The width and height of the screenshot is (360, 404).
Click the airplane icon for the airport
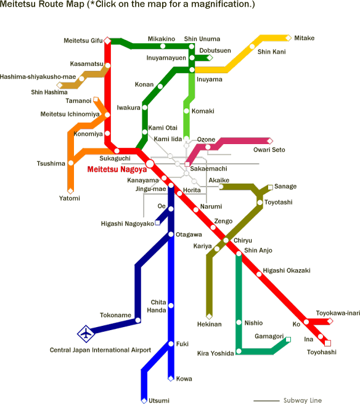[x=86, y=334]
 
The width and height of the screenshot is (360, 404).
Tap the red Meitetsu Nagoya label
[x=117, y=169]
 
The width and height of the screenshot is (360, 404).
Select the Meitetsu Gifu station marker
[x=107, y=41]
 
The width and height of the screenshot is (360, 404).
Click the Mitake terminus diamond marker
[x=288, y=38]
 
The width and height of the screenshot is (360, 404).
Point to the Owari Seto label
[x=269, y=150]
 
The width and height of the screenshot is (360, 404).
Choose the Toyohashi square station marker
[x=327, y=343]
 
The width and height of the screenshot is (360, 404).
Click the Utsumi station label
[x=159, y=400]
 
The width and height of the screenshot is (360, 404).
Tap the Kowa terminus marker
[x=171, y=379]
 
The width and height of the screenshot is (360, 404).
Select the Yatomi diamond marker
[x=70, y=191]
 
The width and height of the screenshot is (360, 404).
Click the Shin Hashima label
[x=49, y=92]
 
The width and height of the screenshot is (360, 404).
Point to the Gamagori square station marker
[x=288, y=339]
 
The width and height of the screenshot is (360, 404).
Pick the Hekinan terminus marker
[x=209, y=316]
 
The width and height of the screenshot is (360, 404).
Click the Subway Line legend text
[x=303, y=400]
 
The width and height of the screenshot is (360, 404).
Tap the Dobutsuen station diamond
[x=210, y=58]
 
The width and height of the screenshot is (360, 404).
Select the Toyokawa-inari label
[x=338, y=313]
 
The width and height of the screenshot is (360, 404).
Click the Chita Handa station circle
[x=171, y=305]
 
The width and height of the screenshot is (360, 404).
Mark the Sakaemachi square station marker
[x=187, y=164]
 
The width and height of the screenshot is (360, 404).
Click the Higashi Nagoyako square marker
[x=157, y=222]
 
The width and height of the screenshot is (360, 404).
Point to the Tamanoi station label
[x=78, y=101]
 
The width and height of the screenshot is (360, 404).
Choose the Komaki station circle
[x=186, y=111]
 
